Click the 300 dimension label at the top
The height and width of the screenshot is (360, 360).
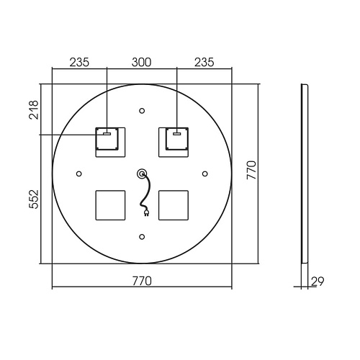point(141,62)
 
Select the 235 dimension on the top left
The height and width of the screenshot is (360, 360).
point(79,62)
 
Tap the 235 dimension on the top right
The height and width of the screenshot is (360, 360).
point(204,62)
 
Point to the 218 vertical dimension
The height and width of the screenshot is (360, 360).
point(34,110)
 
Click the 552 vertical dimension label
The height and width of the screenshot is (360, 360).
point(34,199)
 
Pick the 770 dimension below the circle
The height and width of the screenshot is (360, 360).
point(142,281)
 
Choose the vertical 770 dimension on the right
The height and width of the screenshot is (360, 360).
point(251,170)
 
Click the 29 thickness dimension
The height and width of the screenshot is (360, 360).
point(318,282)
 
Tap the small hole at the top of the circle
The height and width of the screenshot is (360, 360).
point(142,111)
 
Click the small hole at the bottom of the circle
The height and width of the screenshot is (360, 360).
point(142,237)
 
